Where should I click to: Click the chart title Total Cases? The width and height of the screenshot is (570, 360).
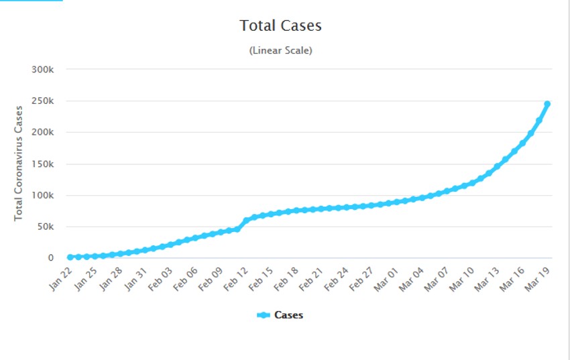280,26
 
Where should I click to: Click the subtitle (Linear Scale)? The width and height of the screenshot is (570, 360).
280,50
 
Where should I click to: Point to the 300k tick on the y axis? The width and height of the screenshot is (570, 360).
51,70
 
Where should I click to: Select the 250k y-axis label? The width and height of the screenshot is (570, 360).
51,101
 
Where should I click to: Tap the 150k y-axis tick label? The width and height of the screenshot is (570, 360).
51,164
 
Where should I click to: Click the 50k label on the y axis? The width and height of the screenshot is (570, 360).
54,227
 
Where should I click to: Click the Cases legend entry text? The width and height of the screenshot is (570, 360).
288,315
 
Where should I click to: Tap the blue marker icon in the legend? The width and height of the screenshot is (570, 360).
264,315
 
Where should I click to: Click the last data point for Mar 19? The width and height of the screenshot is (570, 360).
547,104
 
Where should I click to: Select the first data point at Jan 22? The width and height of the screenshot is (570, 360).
70,257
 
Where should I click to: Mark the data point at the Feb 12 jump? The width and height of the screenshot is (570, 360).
245,221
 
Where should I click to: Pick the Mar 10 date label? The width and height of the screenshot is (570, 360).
462,278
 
